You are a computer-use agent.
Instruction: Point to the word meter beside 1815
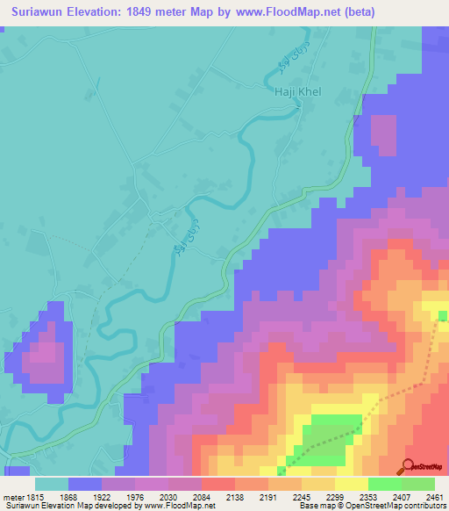16,496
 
